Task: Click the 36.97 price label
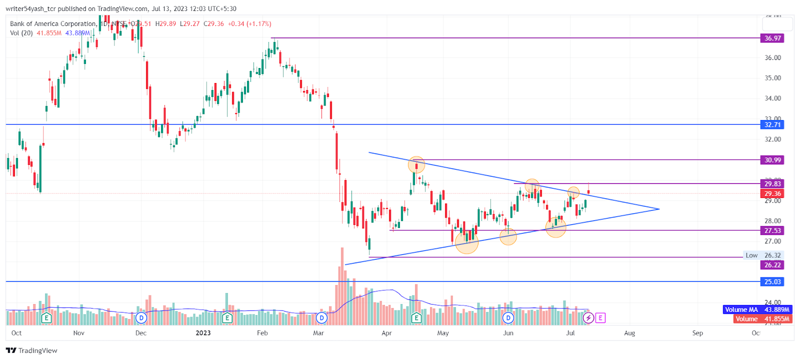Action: [x=772, y=38]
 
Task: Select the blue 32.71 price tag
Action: [x=772, y=124]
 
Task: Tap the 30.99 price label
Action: [x=772, y=160]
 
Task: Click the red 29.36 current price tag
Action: [x=772, y=193]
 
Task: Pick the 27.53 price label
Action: [x=772, y=230]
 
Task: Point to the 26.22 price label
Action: [x=772, y=265]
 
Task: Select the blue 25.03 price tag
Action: [x=772, y=282]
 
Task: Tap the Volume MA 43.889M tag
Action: [x=757, y=310]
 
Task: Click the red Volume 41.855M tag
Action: [x=762, y=319]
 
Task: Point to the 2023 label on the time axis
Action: [x=203, y=333]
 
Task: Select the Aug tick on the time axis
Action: [x=629, y=333]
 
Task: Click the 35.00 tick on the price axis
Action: [x=772, y=78]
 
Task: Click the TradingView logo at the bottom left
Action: [x=31, y=350]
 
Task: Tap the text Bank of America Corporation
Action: [x=53, y=23]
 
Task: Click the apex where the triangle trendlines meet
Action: [x=659, y=209]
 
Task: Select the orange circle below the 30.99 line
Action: [x=416, y=164]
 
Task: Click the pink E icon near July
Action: [x=600, y=318]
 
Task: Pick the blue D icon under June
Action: [x=508, y=318]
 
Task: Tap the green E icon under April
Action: [x=416, y=318]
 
